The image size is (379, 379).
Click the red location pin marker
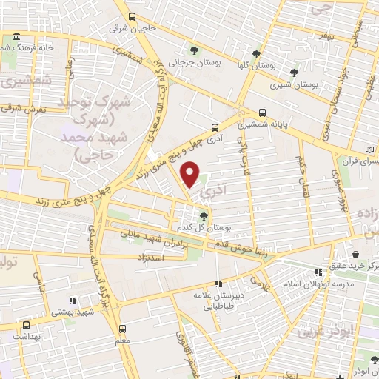tap(191, 174)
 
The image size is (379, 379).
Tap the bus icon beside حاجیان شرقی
tap(132, 16)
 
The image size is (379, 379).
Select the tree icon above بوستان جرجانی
tap(193, 51)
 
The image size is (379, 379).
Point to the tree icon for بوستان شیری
tap(295, 73)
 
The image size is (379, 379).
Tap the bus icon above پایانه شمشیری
tap(263, 113)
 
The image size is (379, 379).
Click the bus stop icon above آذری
tap(214, 127)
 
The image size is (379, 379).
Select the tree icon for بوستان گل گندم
tap(204, 215)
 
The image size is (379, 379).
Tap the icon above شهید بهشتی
tap(72, 301)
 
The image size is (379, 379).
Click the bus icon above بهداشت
tap(27, 324)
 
